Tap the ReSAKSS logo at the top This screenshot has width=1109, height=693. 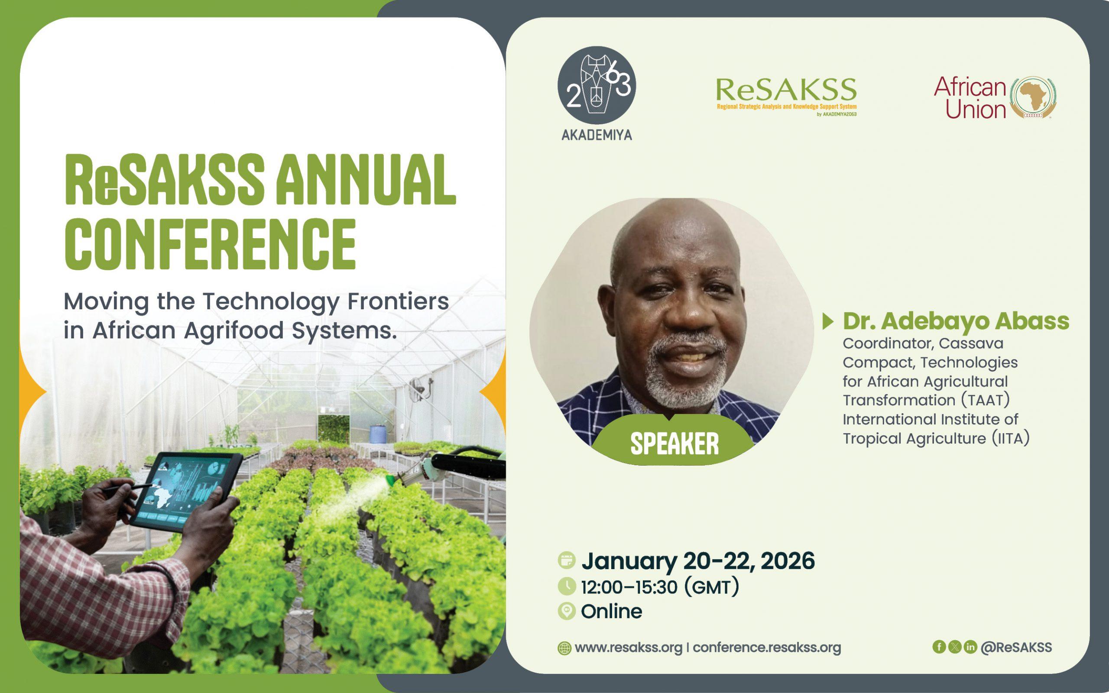[x=786, y=97]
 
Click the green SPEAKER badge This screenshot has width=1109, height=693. [x=674, y=443]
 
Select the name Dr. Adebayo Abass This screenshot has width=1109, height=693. [x=956, y=321]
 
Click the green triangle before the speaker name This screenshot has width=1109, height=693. [x=827, y=322]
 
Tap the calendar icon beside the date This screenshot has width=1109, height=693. [x=567, y=560]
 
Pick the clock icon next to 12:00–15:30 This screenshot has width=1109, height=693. [x=567, y=586]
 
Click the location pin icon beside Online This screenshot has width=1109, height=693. [x=567, y=612]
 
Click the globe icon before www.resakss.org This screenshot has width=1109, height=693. [x=564, y=648]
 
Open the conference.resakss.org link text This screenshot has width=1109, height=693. [x=767, y=648]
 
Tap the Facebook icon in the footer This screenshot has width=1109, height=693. [x=939, y=647]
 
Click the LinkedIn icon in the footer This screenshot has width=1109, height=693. [x=970, y=647]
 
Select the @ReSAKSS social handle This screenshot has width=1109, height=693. [x=1016, y=647]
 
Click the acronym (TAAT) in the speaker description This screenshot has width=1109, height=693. [x=986, y=400]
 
